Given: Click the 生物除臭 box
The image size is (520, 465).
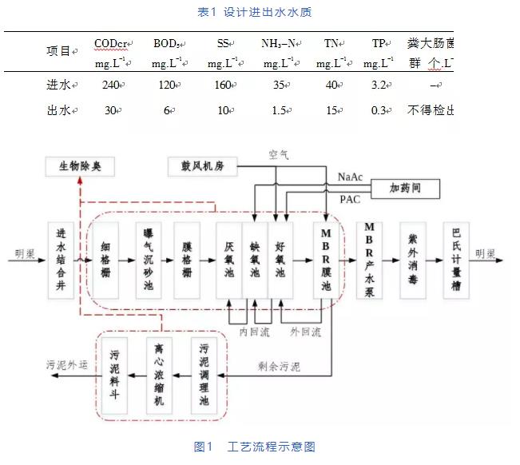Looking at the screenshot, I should click(x=80, y=167).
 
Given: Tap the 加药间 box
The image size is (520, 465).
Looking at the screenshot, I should click(x=406, y=189).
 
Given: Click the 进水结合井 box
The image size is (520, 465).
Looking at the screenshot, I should click(x=62, y=260).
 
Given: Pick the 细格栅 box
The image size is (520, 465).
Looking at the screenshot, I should click(x=109, y=260).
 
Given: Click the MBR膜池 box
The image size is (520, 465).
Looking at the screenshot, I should click(x=326, y=260).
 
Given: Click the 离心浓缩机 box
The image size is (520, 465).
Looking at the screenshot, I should click(x=159, y=375).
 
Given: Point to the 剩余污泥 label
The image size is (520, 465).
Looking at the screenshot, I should click(x=280, y=368).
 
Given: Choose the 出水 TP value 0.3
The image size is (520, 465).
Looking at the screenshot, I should click(x=383, y=110).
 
